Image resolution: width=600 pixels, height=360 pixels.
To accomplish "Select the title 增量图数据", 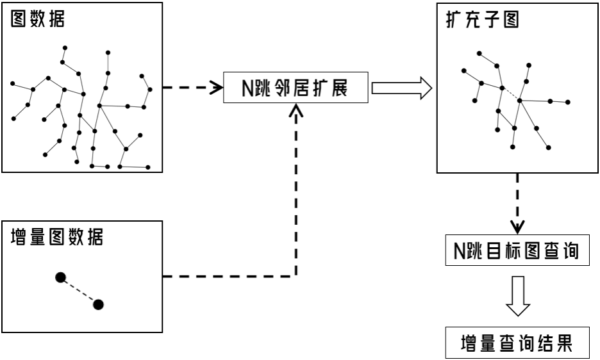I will coord(58,238).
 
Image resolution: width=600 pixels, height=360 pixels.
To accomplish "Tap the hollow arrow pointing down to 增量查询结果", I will coord(517,299).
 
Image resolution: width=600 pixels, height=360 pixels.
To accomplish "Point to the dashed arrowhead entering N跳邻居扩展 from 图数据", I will coord(215,88).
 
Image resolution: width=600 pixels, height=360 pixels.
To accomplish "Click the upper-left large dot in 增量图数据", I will coord(60,277).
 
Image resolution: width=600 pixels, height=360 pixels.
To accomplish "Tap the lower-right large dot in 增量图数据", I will coord(98,304).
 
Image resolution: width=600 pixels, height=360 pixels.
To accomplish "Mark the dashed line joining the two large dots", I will coord(79,291).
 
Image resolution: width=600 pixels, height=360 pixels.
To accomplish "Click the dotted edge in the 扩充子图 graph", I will coord(511,94).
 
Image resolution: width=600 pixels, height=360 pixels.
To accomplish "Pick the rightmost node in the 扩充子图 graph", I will coord(568,102).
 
